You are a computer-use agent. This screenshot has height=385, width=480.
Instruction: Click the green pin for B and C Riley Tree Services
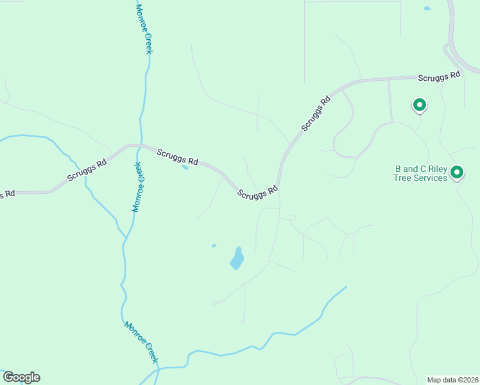pyautogui.click(x=457, y=172)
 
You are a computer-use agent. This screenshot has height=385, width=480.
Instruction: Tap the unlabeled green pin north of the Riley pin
pyautogui.click(x=419, y=104)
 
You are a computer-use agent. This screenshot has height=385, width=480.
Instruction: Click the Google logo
pyautogui.click(x=21, y=377)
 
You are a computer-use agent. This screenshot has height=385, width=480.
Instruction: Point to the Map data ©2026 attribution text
pyautogui.click(x=452, y=380)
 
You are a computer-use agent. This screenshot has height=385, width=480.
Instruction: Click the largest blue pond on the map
pyautogui.click(x=237, y=259)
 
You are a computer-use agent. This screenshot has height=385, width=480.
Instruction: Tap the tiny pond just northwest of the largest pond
pyautogui.click(x=214, y=245)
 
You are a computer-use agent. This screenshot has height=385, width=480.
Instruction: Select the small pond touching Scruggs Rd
pyautogui.click(x=185, y=167)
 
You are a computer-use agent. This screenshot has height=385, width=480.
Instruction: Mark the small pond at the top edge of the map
pyautogui.click(x=427, y=8)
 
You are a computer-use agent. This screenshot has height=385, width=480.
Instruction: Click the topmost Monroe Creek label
pyautogui.click(x=144, y=29)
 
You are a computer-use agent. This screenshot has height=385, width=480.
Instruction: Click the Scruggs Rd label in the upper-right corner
pyautogui.click(x=440, y=76)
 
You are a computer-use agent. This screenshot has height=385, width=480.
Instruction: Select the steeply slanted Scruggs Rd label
pyautogui.click(x=316, y=114)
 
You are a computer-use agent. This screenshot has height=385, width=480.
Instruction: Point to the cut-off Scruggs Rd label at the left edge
pyautogui.click(x=6, y=194)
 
